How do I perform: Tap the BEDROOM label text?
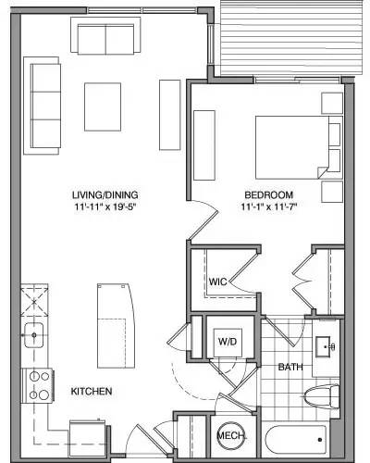(x=268, y=194)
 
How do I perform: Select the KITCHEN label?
(x=92, y=392)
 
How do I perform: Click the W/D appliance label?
(x=227, y=341)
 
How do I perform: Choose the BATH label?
(x=290, y=368)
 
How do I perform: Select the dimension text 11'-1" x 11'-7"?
(x=269, y=207)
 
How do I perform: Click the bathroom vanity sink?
(x=326, y=347)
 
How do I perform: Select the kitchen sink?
(x=36, y=333)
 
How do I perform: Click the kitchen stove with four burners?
(x=39, y=382)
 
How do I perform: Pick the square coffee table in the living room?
(x=104, y=106)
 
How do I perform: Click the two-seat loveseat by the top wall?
(x=104, y=39)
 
